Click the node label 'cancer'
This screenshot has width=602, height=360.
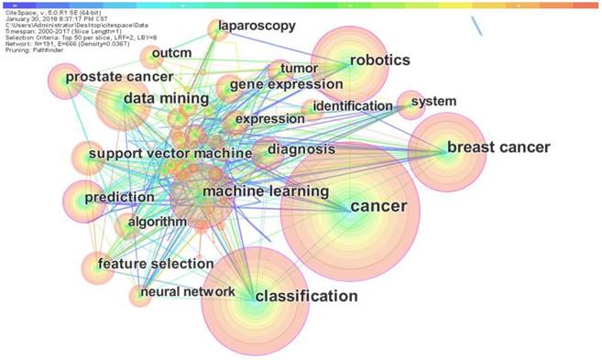point(378,206)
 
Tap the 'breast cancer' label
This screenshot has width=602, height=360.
point(498,147)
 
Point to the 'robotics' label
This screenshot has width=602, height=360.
point(379,60)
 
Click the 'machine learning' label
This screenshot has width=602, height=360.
point(265,191)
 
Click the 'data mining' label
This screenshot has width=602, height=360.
point(163,98)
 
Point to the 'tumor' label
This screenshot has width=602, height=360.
point(298,67)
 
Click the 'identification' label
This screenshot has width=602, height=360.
point(352,106)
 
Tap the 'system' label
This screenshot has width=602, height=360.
point(432,101)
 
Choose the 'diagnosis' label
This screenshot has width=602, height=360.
point(301,148)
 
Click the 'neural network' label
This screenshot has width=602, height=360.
point(187,292)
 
